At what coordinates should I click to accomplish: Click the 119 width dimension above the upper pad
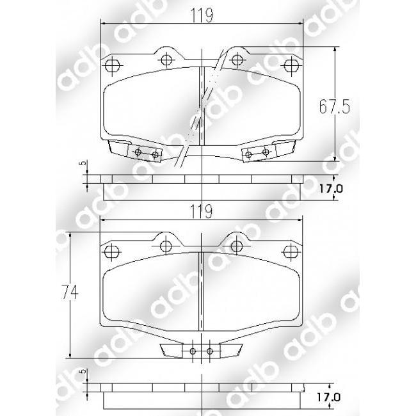point(202,13)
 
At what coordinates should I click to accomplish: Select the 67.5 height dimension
point(335,107)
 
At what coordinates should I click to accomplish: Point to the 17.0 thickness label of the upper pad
point(331,189)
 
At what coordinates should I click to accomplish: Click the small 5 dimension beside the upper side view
point(81,164)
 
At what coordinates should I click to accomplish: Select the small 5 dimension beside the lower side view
point(81,372)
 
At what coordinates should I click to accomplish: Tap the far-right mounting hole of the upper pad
point(292,64)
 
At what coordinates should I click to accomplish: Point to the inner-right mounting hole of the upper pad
point(237,60)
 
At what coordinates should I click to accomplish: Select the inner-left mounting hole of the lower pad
point(166,245)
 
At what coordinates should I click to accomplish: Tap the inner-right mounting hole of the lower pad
point(237,245)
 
